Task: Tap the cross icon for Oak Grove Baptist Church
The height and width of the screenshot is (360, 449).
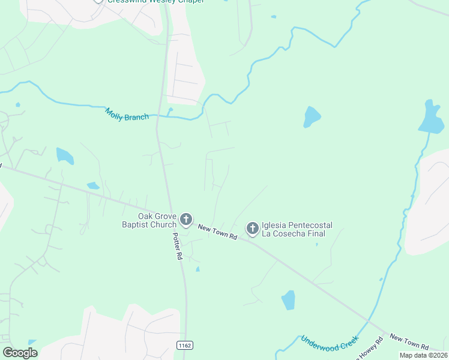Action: pyautogui.click(x=186, y=220)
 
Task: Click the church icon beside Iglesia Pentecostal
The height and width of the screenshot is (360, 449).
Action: pyautogui.click(x=253, y=228)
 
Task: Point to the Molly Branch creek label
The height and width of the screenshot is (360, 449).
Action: pyautogui.click(x=127, y=114)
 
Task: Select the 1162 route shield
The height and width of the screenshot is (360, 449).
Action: pyautogui.click(x=184, y=344)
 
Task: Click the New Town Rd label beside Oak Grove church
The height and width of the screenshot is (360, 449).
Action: pyautogui.click(x=217, y=232)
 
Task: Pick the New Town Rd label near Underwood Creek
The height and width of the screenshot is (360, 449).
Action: pyautogui.click(x=409, y=343)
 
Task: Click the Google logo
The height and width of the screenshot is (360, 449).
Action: pyautogui.click(x=20, y=353)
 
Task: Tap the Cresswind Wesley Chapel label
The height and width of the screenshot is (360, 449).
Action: pyautogui.click(x=156, y=1)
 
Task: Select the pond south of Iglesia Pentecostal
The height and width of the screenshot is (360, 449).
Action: pyautogui.click(x=289, y=299)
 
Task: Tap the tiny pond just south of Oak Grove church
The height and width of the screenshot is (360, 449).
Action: pyautogui.click(x=197, y=269)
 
